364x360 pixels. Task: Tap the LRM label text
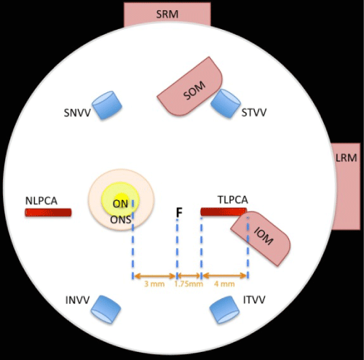click(347, 158)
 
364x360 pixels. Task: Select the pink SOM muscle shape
click(190, 87)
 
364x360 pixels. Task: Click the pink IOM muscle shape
click(261, 239)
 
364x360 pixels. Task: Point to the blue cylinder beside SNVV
click(107, 105)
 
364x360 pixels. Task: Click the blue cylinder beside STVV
click(226, 103)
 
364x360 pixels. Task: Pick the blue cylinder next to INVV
click(106, 309)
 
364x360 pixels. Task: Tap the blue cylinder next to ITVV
click(224, 310)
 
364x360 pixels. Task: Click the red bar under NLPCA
click(48, 212)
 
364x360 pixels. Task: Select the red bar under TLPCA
click(223, 212)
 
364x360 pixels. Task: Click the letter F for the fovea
click(179, 212)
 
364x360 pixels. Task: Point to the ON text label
click(120, 204)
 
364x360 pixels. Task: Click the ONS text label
click(121, 220)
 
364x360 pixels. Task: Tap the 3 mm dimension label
click(154, 284)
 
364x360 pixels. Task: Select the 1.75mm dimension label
click(189, 284)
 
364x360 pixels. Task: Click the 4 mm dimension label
click(224, 284)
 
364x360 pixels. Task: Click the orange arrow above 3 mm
click(155, 276)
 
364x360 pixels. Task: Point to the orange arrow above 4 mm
click(225, 276)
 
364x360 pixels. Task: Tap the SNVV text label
click(77, 113)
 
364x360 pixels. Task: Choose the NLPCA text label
click(41, 201)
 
